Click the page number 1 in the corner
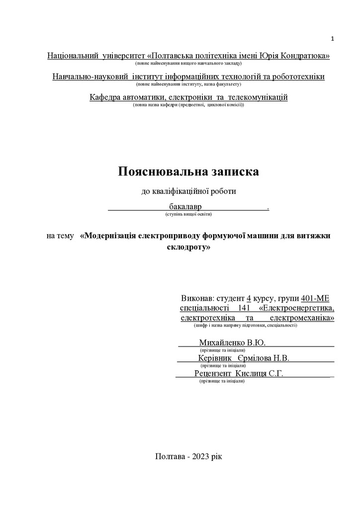click(333, 39)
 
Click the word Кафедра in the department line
click(104, 97)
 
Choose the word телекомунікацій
click(258, 97)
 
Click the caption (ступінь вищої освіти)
click(188, 214)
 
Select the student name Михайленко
click(222, 342)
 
